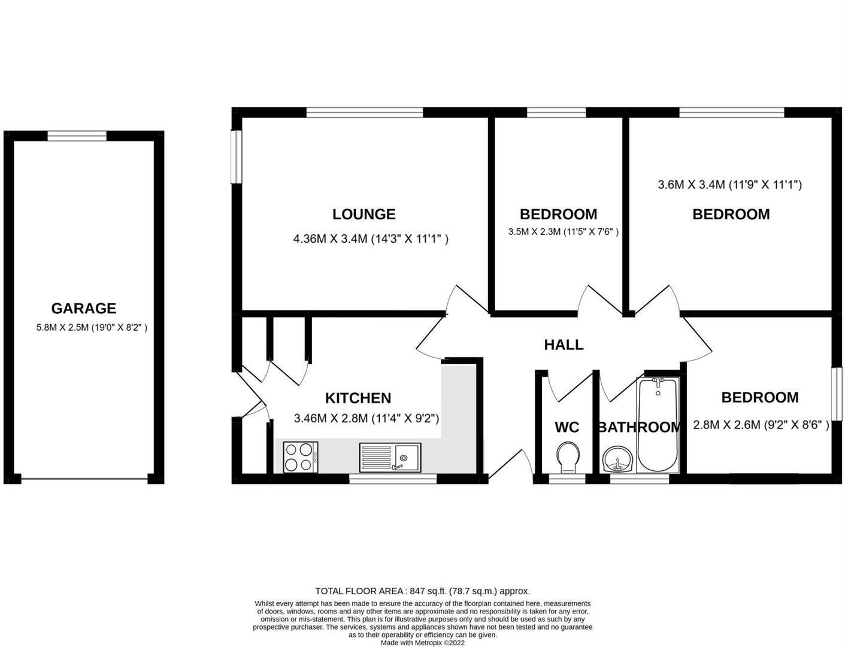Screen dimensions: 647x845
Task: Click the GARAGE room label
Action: (x=83, y=309)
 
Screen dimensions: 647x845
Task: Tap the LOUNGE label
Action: (x=364, y=214)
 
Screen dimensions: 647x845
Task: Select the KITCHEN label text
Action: (x=358, y=398)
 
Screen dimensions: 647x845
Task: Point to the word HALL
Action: (x=564, y=344)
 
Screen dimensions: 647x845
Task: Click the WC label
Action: (x=567, y=427)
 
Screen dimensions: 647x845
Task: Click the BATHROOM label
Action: (x=639, y=427)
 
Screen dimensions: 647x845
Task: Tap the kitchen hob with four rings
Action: (x=300, y=456)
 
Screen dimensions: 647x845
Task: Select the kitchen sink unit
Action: (x=390, y=457)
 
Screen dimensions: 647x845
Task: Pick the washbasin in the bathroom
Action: (x=617, y=460)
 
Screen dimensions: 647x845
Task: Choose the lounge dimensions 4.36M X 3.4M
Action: (x=371, y=239)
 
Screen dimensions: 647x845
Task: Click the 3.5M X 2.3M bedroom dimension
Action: (x=563, y=232)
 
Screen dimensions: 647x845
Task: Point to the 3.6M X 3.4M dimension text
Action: (x=729, y=185)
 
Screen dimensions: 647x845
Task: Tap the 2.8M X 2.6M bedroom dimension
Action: (x=761, y=425)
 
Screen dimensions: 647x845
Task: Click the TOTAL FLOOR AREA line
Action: (x=422, y=591)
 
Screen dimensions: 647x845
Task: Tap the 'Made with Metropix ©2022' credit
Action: (x=422, y=643)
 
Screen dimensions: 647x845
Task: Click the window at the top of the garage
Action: (x=77, y=136)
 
